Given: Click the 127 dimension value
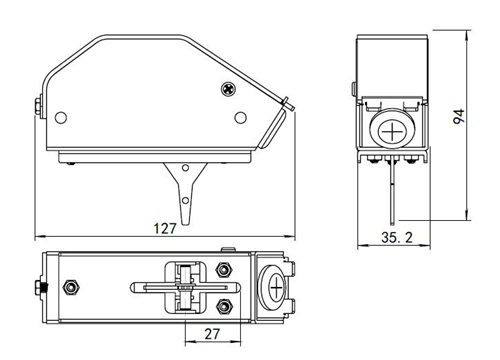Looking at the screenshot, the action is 165,229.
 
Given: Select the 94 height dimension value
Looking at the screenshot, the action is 459,117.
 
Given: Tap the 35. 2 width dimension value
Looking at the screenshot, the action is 397,238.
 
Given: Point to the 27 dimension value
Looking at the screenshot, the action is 212,334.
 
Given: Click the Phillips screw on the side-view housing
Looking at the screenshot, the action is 228,89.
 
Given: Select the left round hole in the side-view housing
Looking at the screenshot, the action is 61,118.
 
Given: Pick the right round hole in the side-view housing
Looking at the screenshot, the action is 240,117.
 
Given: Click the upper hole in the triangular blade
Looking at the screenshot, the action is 186,168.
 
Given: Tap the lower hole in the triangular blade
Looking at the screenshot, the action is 185,200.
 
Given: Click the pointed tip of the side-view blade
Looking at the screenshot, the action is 185,224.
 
